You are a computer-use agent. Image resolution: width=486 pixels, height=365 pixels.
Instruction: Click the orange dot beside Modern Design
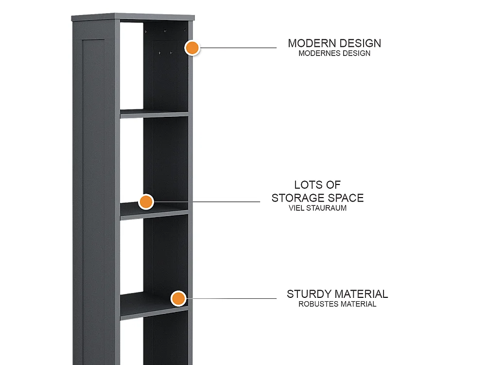click(192, 48)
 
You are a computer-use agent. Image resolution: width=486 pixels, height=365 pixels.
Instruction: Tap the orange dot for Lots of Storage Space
click(146, 202)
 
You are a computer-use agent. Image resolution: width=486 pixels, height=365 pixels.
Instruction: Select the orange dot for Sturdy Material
click(178, 299)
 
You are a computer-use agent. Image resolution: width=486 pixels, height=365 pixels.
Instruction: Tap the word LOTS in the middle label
click(308, 185)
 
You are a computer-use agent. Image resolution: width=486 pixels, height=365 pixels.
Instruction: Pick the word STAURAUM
click(327, 208)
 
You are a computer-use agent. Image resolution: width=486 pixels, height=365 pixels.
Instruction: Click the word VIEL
click(296, 208)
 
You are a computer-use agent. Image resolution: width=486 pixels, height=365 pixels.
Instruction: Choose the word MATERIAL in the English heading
click(362, 294)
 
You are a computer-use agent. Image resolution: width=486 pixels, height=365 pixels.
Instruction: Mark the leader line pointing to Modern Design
click(238, 48)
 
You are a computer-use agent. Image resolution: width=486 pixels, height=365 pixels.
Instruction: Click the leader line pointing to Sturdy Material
click(231, 299)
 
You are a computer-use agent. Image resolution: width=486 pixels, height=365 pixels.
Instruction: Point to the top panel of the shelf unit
click(133, 17)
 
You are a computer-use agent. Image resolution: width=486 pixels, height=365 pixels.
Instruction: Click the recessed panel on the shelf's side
click(94, 202)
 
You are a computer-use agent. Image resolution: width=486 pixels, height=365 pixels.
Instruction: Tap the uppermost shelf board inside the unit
click(154, 113)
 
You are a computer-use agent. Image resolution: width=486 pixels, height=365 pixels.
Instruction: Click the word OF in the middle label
click(333, 185)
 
